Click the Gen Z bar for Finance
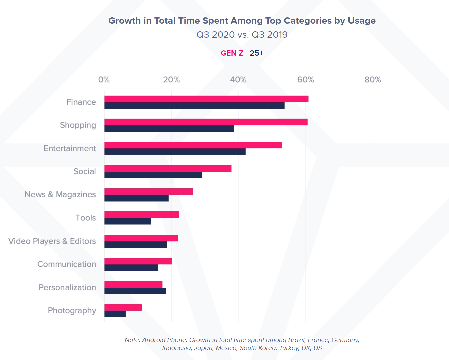tap(207, 99)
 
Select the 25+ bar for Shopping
tap(169, 129)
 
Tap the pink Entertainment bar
tap(193, 145)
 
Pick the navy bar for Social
tap(153, 175)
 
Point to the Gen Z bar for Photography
tap(123, 307)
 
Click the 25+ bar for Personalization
tap(135, 291)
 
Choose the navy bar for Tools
tap(128, 221)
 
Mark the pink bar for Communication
tap(138, 261)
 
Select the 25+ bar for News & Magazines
tap(137, 198)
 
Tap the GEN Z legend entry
tap(232, 53)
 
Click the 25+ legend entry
tap(256, 53)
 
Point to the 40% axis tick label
tap(238, 80)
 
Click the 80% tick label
tap(373, 80)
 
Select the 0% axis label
tap(104, 80)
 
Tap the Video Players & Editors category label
tap(52, 241)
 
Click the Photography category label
tap(72, 311)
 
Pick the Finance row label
tap(81, 102)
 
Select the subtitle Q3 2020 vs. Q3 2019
tap(242, 35)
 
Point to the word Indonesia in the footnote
tap(176, 348)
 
